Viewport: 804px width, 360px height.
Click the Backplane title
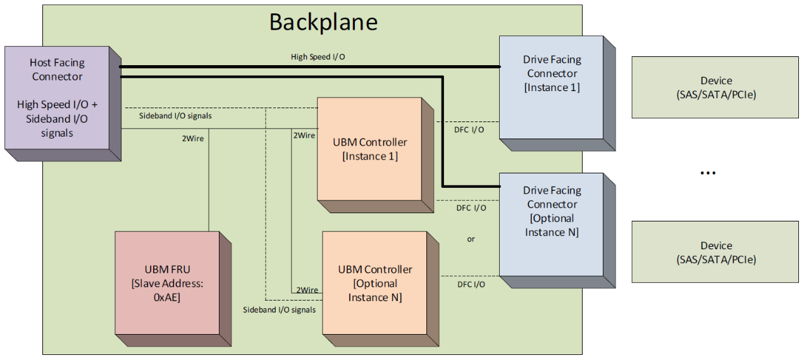[323, 22]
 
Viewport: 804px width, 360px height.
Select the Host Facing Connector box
[63, 104]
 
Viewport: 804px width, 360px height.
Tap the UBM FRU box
[173, 289]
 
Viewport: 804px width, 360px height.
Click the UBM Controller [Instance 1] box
[376, 155]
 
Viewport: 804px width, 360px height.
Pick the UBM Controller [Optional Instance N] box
[380, 289]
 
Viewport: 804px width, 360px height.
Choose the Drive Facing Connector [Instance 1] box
[557, 93]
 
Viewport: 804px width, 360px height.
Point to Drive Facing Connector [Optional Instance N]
[557, 231]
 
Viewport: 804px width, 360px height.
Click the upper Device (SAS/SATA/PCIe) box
[715, 87]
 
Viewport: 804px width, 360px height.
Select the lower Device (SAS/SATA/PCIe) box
[715, 252]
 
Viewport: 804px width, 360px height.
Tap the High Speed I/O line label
[318, 57]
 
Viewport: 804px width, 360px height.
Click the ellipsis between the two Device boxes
[708, 173]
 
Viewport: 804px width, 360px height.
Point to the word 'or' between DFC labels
[471, 239]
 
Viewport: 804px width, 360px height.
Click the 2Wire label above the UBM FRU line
[193, 139]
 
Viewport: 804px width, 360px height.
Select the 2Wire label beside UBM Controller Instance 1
[304, 135]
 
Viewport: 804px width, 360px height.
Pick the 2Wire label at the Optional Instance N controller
[307, 290]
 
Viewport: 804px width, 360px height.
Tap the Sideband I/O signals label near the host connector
[175, 116]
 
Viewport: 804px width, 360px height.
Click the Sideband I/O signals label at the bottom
[279, 310]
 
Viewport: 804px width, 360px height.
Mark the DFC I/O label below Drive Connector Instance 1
[469, 130]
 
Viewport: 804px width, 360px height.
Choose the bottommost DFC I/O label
[471, 284]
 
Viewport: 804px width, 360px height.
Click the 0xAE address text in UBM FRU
[167, 297]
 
